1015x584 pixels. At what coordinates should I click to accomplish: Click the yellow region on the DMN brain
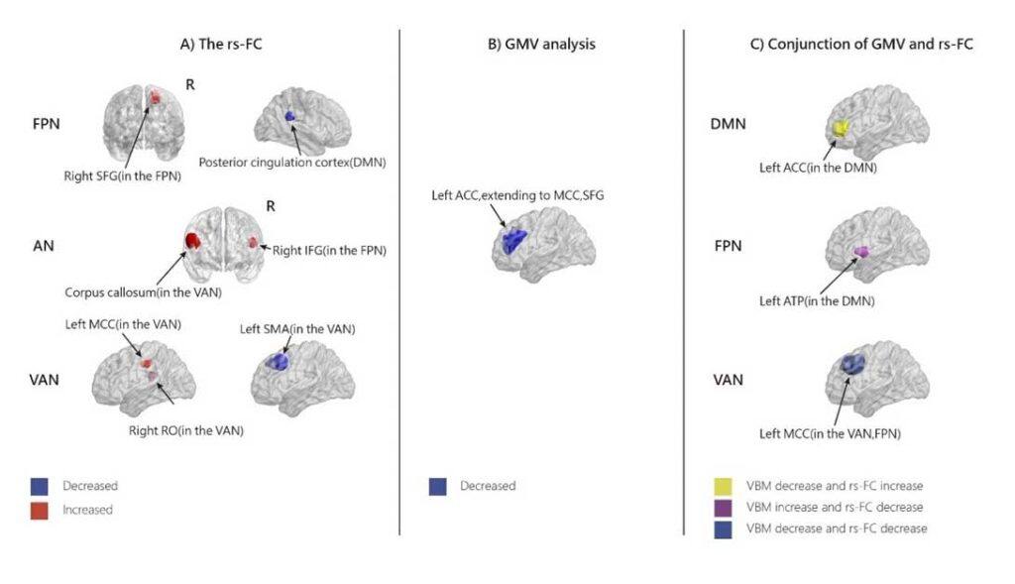coord(841,130)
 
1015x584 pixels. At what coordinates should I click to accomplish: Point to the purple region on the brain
coord(861,253)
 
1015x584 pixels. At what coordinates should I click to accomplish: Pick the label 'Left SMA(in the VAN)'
coord(296,329)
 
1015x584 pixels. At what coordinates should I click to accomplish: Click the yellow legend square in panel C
coord(724,486)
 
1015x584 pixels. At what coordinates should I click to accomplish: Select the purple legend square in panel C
coord(724,507)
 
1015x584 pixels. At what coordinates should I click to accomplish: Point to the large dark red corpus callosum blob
coord(192,242)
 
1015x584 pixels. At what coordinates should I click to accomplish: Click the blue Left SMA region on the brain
coord(277,361)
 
